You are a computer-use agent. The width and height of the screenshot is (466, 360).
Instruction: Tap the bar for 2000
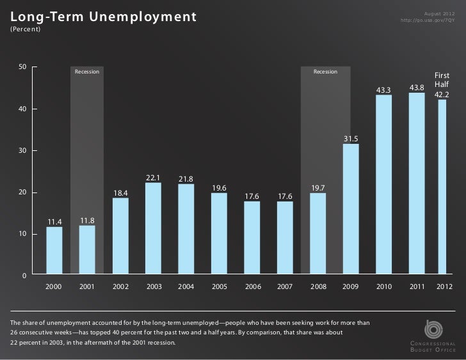tap(54, 251)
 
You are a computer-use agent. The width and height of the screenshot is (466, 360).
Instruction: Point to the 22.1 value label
tap(153, 178)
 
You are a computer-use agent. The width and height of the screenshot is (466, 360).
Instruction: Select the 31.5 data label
tap(350, 139)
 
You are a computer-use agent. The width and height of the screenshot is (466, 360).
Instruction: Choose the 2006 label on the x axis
tap(252, 287)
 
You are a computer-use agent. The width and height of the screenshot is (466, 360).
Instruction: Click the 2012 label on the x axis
tap(444, 287)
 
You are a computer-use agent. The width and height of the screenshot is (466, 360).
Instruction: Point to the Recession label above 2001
tap(86, 72)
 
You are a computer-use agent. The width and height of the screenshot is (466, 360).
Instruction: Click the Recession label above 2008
tap(325, 72)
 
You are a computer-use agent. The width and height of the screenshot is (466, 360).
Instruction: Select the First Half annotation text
tap(442, 80)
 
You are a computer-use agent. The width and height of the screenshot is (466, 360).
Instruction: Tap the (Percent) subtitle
tap(24, 30)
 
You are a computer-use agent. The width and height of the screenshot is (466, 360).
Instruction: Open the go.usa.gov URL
tap(427, 20)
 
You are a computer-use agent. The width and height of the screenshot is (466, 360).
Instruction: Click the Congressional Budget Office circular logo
tap(433, 327)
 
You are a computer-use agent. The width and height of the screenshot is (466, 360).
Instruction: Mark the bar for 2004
tap(186, 229)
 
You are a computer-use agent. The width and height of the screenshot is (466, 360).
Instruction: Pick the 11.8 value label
tap(87, 220)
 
